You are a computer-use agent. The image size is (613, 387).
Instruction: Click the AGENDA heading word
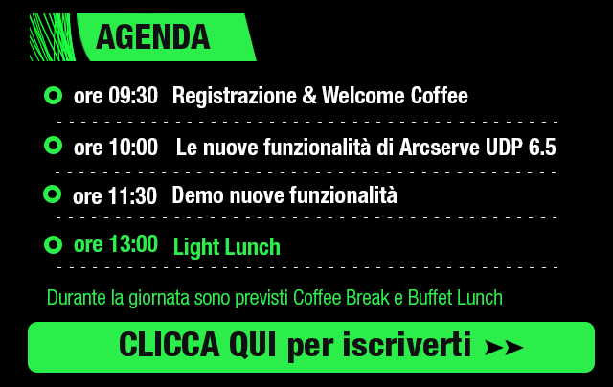153,37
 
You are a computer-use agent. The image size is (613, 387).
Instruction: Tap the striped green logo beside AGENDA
53,37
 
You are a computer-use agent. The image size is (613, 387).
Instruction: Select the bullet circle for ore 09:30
54,96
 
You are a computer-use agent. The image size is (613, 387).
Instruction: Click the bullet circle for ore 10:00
54,146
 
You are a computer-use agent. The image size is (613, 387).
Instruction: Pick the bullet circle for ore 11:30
53,194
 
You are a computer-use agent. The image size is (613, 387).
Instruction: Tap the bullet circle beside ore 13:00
54,245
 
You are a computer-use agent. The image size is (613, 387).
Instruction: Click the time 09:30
133,96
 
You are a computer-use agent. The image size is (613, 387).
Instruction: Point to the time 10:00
133,147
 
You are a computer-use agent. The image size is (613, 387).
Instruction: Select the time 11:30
132,195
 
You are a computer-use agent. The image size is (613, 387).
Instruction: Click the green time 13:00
133,244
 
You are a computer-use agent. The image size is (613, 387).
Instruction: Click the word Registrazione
235,97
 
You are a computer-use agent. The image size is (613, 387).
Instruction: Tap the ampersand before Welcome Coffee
309,96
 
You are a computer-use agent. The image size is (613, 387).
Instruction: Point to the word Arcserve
440,148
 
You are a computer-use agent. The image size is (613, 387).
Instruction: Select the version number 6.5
542,148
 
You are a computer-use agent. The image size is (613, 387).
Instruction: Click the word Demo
198,195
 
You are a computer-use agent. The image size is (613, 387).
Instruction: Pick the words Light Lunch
227,247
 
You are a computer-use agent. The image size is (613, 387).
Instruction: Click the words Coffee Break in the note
341,298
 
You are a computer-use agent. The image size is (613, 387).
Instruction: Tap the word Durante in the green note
77,298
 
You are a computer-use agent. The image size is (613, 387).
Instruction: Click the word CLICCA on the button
170,345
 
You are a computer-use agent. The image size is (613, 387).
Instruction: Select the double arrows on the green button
504,347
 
